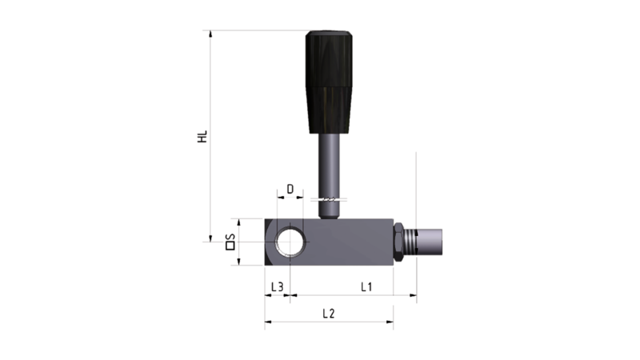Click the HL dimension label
click(x=202, y=136)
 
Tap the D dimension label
click(x=290, y=189)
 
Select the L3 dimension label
click(x=277, y=287)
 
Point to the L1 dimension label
click(x=366, y=287)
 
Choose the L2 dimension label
click(x=329, y=314)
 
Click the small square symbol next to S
click(x=230, y=246)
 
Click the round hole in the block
click(x=290, y=242)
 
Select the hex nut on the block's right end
click(x=398, y=242)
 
